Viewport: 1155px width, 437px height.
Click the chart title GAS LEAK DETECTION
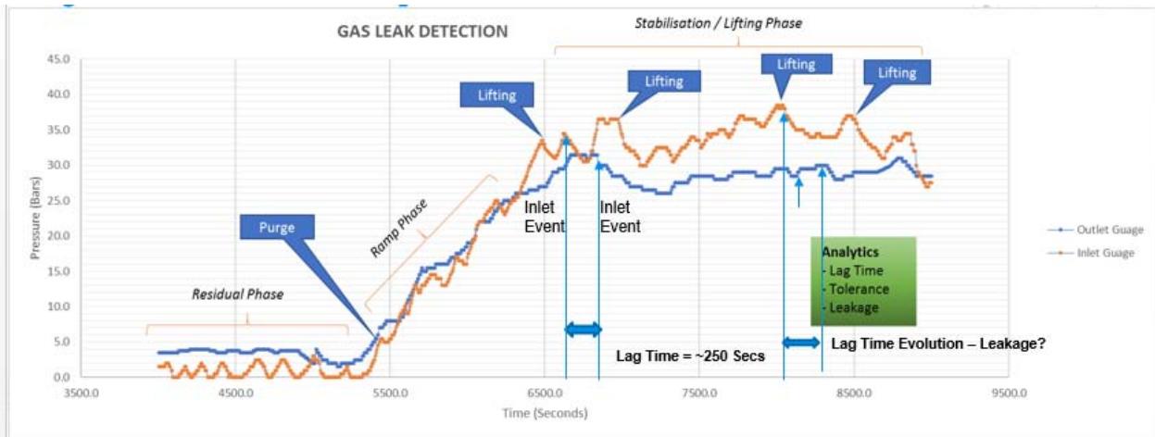pos(421,31)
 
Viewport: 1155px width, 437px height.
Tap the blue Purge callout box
pos(277,227)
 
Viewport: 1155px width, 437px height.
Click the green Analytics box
pos(862,281)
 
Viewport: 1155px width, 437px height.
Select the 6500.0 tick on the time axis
pos(545,392)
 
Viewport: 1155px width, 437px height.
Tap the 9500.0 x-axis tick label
pos(1008,392)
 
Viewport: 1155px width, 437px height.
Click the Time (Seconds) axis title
pos(545,413)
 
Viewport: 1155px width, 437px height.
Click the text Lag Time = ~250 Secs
pos(691,355)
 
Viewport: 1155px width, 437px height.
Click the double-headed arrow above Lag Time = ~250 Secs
pos(583,329)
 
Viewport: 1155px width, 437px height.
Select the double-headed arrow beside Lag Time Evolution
pos(802,343)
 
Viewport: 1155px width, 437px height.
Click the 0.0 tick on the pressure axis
pos(61,377)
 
